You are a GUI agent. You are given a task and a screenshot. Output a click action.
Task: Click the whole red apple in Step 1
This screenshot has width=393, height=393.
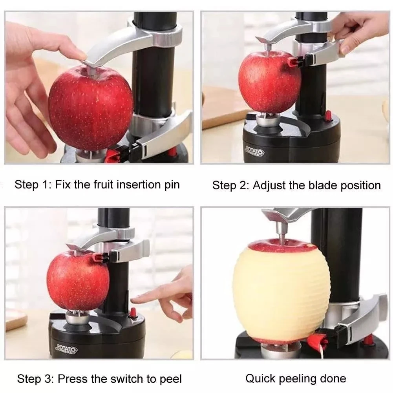[90, 108]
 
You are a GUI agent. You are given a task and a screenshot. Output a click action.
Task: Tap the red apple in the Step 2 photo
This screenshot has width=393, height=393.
[270, 81]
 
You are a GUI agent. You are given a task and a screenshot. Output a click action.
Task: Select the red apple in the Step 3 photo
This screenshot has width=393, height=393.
[78, 281]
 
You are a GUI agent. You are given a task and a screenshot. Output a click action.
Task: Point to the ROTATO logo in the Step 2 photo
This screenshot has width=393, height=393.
[254, 152]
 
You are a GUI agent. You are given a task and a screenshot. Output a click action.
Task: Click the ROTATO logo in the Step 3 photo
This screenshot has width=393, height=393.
[66, 349]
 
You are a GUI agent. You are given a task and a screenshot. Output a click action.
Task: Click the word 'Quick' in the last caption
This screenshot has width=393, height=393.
[260, 379]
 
